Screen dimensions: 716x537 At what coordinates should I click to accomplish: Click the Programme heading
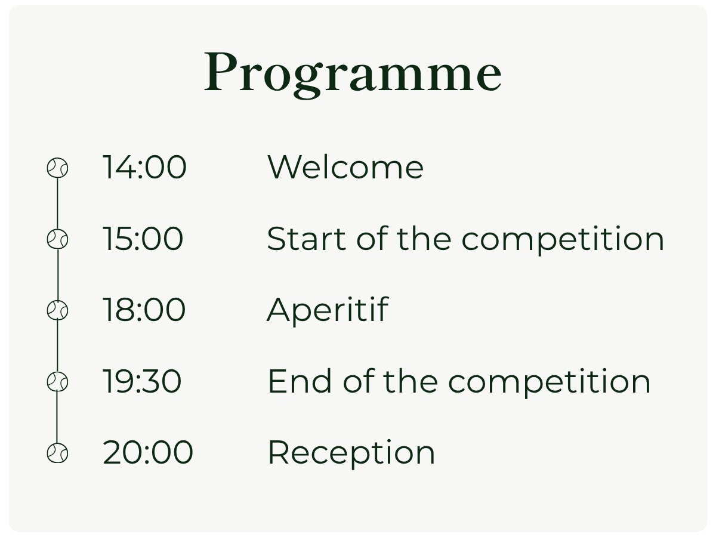coord(353,73)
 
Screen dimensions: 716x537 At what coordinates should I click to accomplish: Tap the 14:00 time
coord(144,167)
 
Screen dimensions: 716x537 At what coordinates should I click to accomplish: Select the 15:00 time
coord(143,239)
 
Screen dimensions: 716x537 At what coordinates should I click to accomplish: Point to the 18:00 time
coord(144,310)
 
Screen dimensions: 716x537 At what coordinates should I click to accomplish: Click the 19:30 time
coord(142,381)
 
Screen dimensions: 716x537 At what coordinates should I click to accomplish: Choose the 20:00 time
coord(148,452)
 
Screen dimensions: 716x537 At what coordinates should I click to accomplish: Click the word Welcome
coord(345,167)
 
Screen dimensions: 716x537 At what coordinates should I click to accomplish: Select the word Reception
coord(351,453)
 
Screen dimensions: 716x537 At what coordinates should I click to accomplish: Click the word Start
coord(306,239)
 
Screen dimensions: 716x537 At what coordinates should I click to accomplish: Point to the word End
coord(300,381)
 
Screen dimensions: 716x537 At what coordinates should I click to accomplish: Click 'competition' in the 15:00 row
coord(563,240)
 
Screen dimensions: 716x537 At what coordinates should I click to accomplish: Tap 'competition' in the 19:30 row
coord(550,383)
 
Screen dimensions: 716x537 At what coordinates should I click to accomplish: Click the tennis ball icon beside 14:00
coord(57,168)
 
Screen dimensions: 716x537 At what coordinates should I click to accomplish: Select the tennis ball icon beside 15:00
coord(57,239)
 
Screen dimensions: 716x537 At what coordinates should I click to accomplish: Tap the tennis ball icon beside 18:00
coord(57,310)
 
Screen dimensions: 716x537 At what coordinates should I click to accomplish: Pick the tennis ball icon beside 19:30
coord(57,381)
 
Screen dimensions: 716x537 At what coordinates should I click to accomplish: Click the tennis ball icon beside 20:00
coord(57,453)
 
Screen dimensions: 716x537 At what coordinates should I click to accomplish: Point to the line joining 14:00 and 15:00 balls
coord(57,204)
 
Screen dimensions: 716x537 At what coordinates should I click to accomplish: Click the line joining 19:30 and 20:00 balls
coord(57,417)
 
